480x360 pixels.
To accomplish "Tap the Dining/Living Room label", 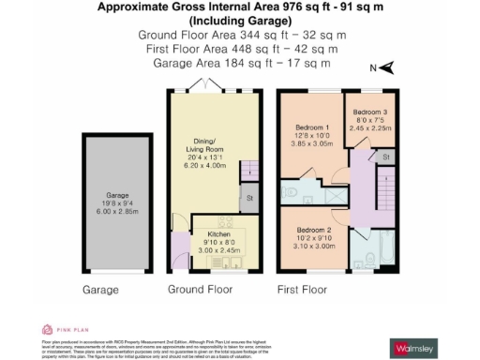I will pos(208,156).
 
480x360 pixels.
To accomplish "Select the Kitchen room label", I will pos(217,241).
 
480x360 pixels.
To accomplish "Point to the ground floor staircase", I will pos(249,172).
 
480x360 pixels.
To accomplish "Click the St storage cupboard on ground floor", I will pos(249,198).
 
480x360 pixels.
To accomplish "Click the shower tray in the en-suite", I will pos(329,192).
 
